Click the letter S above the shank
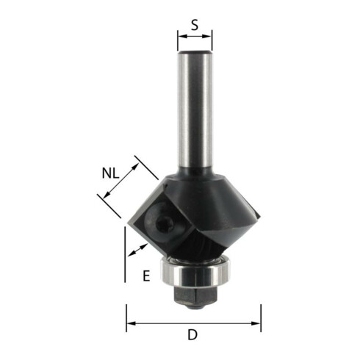(195, 25)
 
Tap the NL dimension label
(110, 173)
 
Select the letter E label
(146, 276)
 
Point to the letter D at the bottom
(192, 335)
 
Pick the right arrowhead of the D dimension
(256, 323)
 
